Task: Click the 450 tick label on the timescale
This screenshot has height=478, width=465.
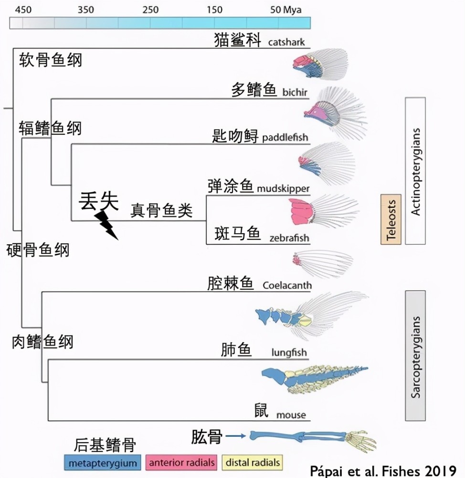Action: click(x=23, y=10)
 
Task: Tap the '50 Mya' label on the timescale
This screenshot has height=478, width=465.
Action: click(x=286, y=10)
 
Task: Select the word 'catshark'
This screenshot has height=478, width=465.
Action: click(x=286, y=42)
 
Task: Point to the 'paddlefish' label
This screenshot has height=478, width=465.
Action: click(x=285, y=138)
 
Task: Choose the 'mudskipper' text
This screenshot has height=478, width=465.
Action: click(x=283, y=188)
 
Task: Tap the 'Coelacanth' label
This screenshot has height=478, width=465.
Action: click(x=287, y=285)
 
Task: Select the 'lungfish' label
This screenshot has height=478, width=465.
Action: click(x=289, y=353)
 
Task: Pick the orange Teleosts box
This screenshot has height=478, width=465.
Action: click(x=391, y=219)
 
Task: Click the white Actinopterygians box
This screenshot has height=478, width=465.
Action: click(x=415, y=171)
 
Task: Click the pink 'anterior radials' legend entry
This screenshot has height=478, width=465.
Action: click(x=182, y=462)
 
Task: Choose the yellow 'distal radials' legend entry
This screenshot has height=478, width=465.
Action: click(x=253, y=462)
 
